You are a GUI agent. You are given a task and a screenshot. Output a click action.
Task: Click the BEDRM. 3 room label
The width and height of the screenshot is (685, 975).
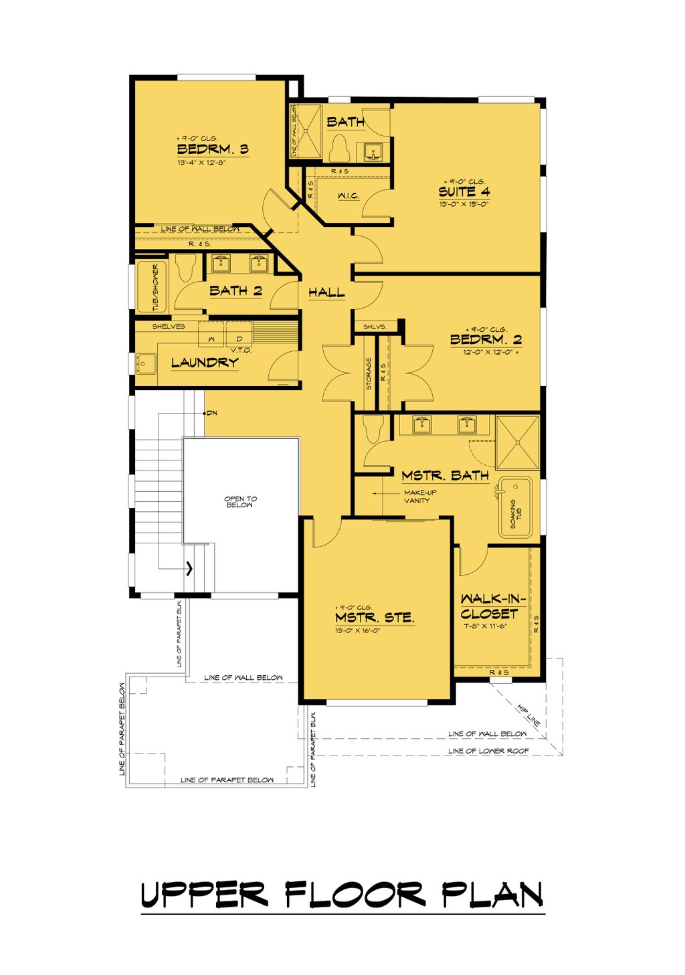pyautogui.click(x=212, y=149)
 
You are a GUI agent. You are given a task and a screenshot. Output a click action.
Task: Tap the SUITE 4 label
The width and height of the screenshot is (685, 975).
pyautogui.click(x=464, y=191)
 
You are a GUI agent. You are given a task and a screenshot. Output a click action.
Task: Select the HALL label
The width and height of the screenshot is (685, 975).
pyautogui.click(x=326, y=292)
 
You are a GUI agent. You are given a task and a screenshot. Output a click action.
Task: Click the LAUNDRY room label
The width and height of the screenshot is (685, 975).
pyautogui.click(x=205, y=363)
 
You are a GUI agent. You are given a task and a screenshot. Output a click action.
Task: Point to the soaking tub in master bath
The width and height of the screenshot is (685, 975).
pyautogui.click(x=515, y=507)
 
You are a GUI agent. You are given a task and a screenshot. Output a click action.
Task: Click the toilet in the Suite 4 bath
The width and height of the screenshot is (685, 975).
pyautogui.click(x=340, y=148)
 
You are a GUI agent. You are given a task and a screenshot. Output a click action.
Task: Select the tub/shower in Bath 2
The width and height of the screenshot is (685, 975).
pyautogui.click(x=151, y=286)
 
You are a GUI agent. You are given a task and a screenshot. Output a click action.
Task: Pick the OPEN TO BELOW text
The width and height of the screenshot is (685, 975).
pyautogui.click(x=240, y=502)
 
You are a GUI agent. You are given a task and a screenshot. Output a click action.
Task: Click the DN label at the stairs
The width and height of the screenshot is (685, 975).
pyautogui.click(x=211, y=413)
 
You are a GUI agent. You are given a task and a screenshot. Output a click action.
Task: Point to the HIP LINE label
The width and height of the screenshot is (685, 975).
pyautogui.click(x=528, y=715)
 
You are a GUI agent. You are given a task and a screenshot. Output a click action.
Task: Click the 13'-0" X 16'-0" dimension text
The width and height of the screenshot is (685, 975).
pyautogui.click(x=358, y=630)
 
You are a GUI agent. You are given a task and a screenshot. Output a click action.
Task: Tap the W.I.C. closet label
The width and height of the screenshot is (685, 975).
pyautogui.click(x=348, y=196)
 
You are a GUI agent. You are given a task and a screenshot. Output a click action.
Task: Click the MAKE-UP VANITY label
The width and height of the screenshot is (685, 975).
pyautogui.click(x=419, y=497)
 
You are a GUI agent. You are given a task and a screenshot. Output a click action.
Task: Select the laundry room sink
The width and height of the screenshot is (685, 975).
pyautogui.click(x=145, y=363)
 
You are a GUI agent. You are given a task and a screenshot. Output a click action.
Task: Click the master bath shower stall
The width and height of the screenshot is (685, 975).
pyautogui.click(x=517, y=442)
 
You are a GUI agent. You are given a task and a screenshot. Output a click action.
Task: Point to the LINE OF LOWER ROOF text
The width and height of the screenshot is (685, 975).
pyautogui.click(x=488, y=751)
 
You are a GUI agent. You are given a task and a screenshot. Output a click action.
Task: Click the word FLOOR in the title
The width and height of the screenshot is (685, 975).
pyautogui.click(x=355, y=895)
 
